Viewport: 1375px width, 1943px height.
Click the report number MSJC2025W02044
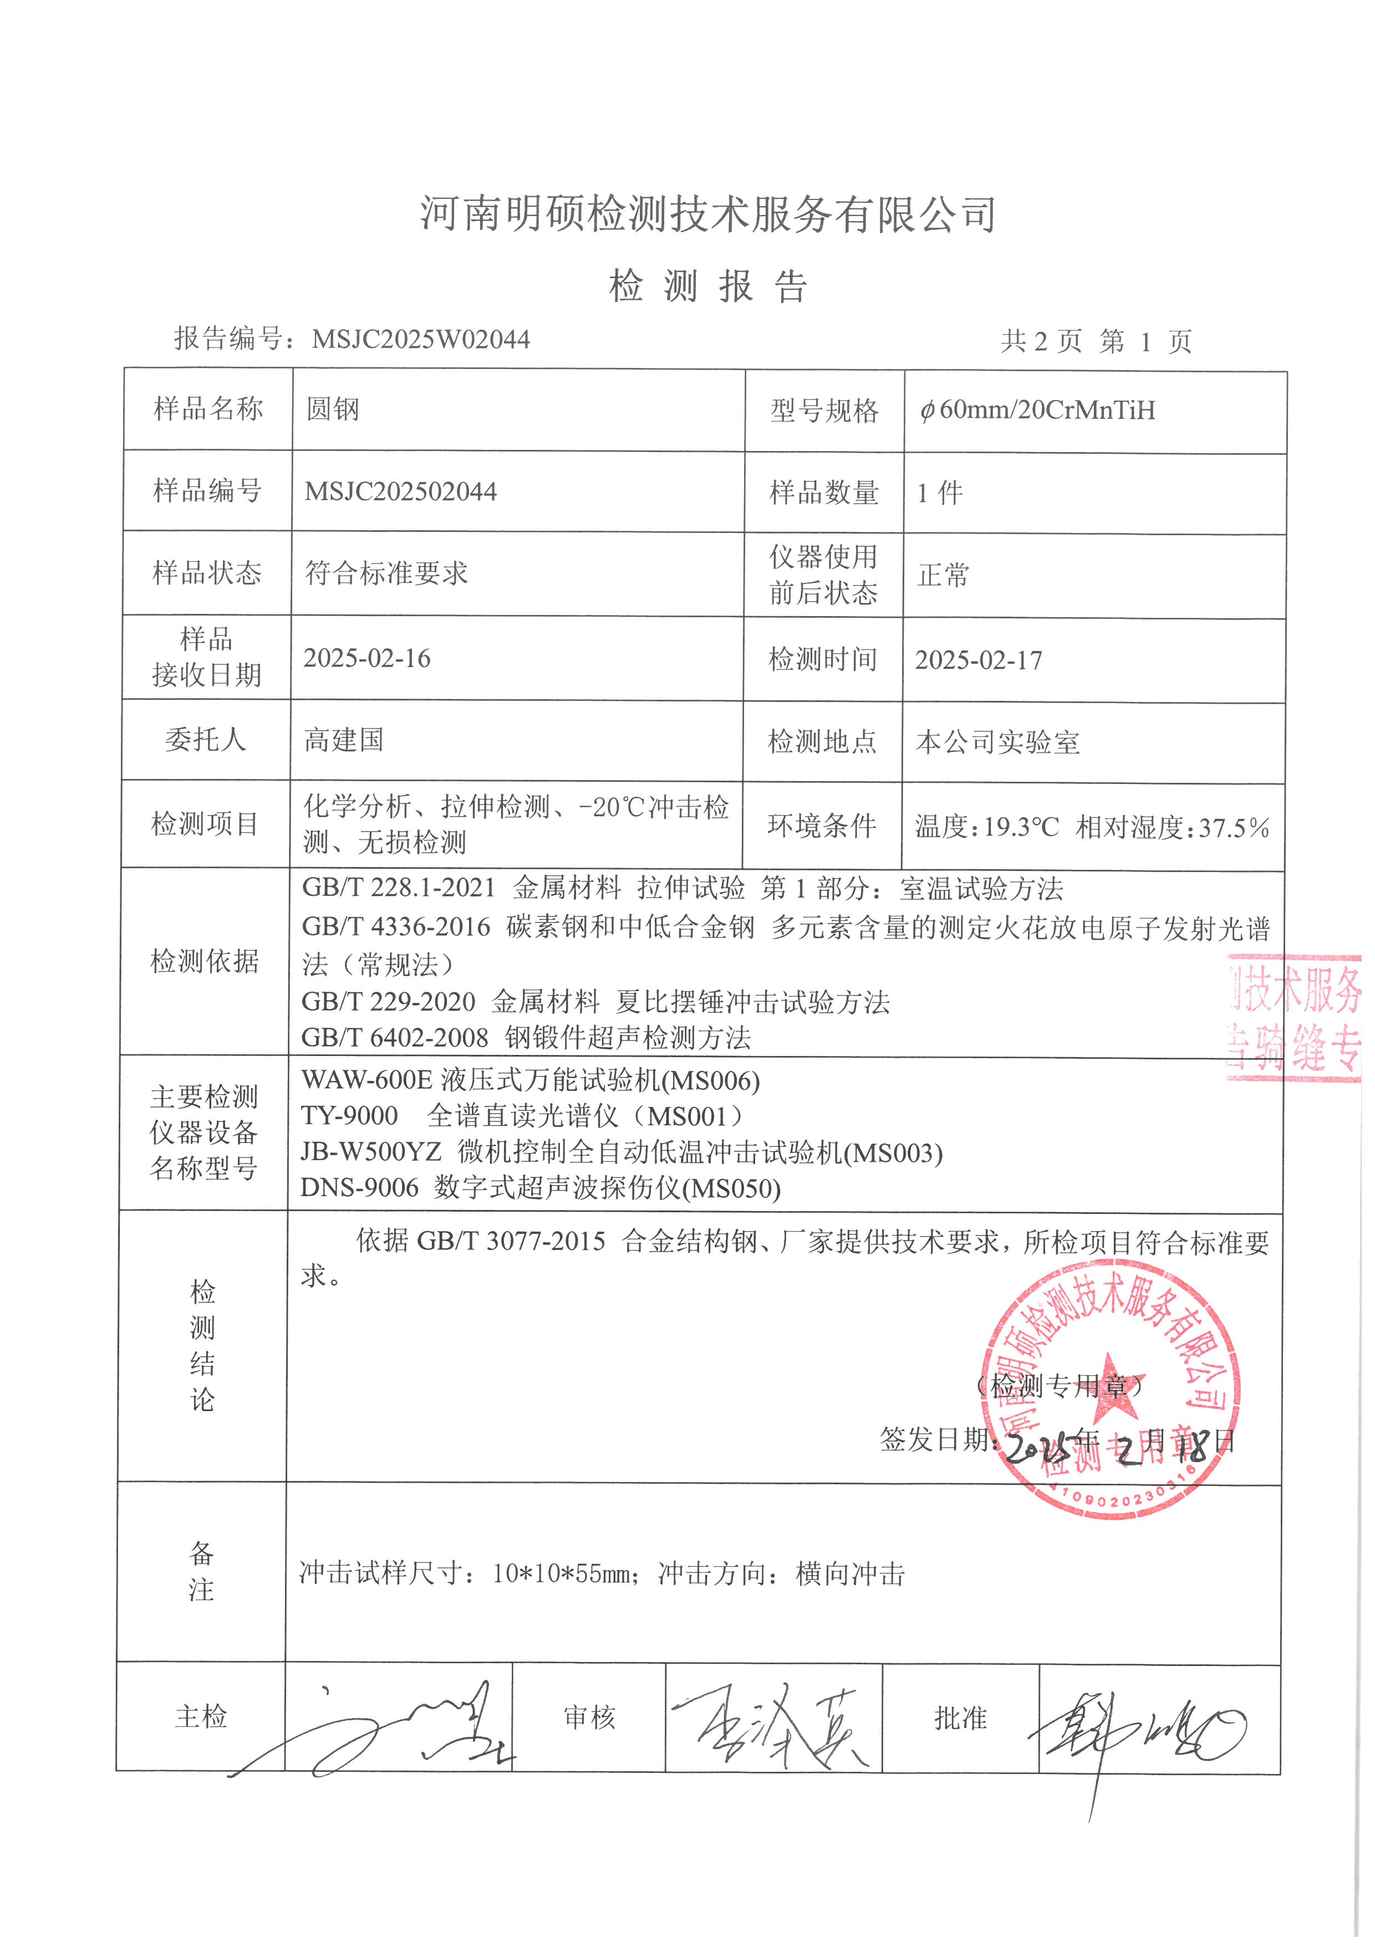(x=421, y=340)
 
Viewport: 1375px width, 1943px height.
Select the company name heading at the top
(x=708, y=213)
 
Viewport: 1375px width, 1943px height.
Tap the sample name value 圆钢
(x=333, y=409)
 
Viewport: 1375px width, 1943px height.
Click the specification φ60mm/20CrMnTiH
(x=1038, y=411)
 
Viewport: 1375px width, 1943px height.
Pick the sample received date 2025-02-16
(x=366, y=658)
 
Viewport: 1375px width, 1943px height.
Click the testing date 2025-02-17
(x=979, y=660)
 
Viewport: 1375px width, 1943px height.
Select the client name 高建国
(x=344, y=741)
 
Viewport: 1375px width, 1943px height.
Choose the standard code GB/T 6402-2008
(x=395, y=1038)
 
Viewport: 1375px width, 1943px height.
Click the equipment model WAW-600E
(x=366, y=1081)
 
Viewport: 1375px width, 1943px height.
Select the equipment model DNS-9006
(x=360, y=1188)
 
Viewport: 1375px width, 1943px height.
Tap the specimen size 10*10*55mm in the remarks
(x=561, y=1573)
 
